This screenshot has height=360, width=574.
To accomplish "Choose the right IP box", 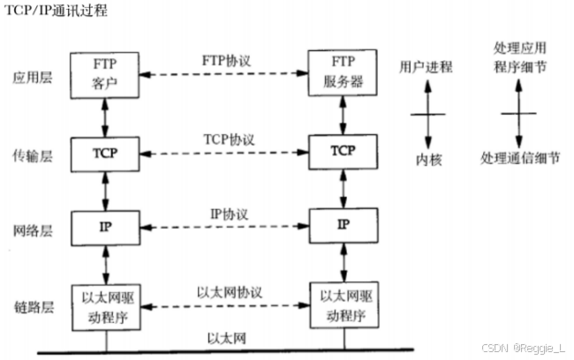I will tap(343, 226).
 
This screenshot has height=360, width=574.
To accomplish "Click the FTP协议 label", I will tap(227, 61).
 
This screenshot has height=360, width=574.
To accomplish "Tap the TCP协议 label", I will tap(227, 140).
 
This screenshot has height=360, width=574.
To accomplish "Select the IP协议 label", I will tap(227, 214).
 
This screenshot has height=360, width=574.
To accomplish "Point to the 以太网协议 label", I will tap(226, 290).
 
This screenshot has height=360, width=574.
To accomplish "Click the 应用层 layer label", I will tap(32, 77).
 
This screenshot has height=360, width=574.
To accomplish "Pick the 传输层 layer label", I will tap(32, 154).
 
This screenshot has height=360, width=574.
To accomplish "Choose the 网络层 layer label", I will tap(32, 231).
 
